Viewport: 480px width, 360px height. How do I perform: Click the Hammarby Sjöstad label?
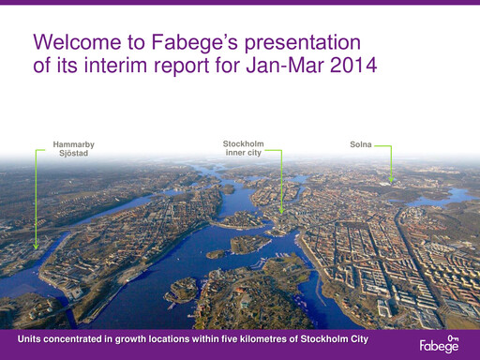coord(74,148)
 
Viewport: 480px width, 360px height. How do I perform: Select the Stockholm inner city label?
coord(243,148)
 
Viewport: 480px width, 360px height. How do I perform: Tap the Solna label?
coord(360,145)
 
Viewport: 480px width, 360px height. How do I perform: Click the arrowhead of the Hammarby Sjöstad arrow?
coord(37,246)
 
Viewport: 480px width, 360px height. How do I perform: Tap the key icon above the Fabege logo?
coord(453,337)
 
